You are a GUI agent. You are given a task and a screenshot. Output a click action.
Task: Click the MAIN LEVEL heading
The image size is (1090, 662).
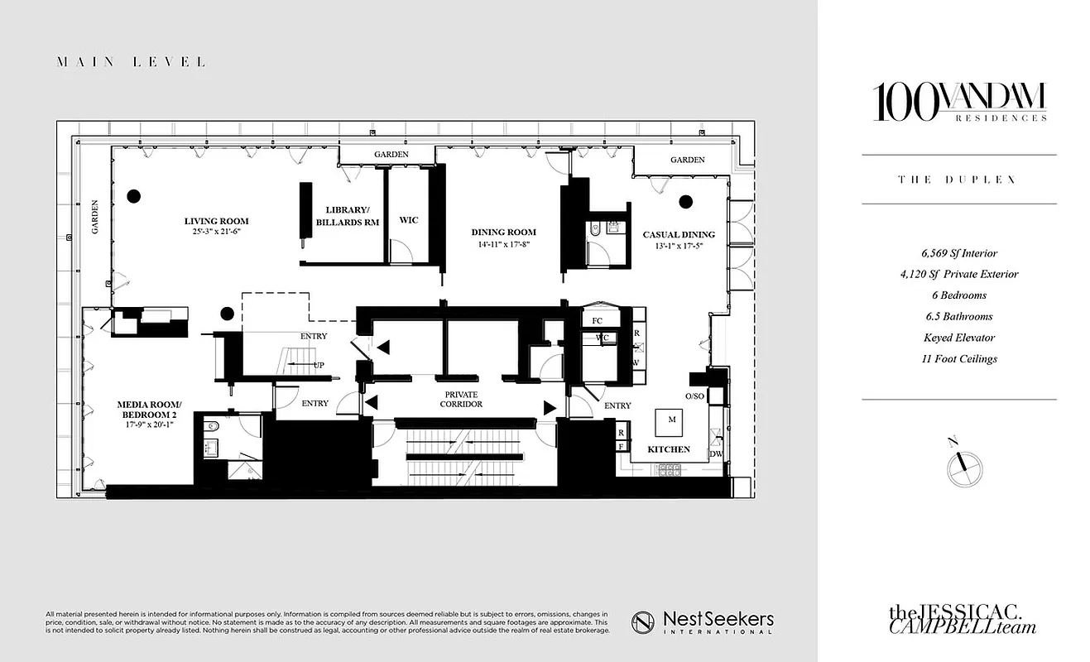(131, 62)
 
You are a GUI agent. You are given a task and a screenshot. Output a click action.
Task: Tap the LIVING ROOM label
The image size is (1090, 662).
(216, 221)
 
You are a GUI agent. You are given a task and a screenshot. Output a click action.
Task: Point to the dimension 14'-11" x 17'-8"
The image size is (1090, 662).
(504, 244)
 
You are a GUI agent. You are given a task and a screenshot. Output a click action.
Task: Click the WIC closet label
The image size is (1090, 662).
(409, 220)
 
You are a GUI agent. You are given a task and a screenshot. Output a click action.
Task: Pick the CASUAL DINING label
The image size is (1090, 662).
(679, 234)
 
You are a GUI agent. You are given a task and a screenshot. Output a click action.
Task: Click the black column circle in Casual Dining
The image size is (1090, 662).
(685, 201)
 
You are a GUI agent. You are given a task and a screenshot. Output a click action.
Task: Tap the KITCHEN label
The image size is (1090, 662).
(669, 449)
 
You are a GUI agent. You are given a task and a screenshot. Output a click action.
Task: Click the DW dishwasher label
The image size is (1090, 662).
(715, 454)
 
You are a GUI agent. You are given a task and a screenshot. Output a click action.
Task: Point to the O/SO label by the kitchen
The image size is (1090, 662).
(694, 396)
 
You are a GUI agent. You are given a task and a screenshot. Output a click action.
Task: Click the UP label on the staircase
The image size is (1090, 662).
(318, 365)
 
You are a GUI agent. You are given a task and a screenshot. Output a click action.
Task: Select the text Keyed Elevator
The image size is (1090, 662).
(958, 338)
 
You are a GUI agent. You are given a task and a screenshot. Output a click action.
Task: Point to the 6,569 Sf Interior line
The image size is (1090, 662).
(958, 253)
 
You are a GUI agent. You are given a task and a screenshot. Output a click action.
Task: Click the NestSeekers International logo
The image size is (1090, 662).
(703, 621)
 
